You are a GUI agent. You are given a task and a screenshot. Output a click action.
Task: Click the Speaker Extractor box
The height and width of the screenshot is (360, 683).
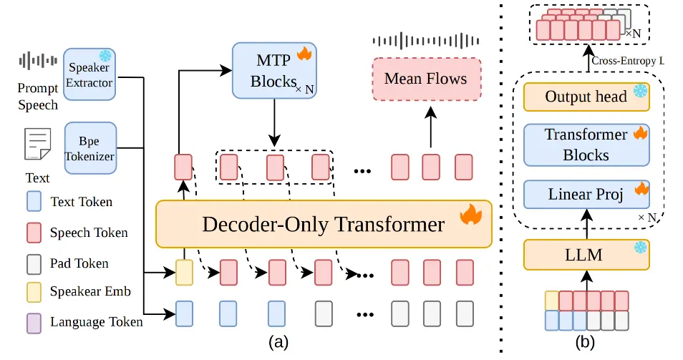(89, 74)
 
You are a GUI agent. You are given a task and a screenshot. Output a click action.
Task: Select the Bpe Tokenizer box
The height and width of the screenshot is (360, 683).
(90, 148)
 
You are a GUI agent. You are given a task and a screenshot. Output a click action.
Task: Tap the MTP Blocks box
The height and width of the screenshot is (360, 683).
(274, 71)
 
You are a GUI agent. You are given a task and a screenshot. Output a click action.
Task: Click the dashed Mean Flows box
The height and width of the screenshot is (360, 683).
(427, 79)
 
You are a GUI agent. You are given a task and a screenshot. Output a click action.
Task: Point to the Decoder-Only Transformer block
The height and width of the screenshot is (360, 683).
(324, 224)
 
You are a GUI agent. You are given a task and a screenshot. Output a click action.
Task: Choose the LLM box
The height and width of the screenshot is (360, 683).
(586, 255)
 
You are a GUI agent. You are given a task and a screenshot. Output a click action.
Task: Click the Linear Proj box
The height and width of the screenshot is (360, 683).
(586, 194)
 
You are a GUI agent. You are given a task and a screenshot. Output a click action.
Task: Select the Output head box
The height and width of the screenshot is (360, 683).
(586, 97)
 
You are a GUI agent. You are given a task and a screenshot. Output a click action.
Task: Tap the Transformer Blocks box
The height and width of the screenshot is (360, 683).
(586, 145)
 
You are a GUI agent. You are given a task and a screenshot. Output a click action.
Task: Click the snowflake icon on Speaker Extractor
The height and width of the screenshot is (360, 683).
(105, 56)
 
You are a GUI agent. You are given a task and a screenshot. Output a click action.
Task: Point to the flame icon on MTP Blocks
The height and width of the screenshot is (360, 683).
(304, 54)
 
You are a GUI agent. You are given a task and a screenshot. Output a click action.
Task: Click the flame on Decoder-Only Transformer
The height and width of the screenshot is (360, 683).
(471, 214)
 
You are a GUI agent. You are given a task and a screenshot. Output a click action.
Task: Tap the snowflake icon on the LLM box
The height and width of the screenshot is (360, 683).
(640, 248)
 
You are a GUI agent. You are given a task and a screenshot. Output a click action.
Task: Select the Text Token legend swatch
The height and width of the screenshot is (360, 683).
(34, 201)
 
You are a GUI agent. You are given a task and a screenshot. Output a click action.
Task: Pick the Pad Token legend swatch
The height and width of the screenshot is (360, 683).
(34, 264)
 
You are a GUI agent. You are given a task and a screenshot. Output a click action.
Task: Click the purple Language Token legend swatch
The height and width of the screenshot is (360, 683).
(34, 323)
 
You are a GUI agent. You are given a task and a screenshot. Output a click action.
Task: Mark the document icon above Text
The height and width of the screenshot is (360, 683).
(38, 144)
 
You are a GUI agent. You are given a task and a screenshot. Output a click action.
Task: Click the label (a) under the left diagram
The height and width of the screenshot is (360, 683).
(278, 343)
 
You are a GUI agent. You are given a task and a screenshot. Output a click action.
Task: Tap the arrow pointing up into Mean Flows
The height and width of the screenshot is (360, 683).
(431, 127)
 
